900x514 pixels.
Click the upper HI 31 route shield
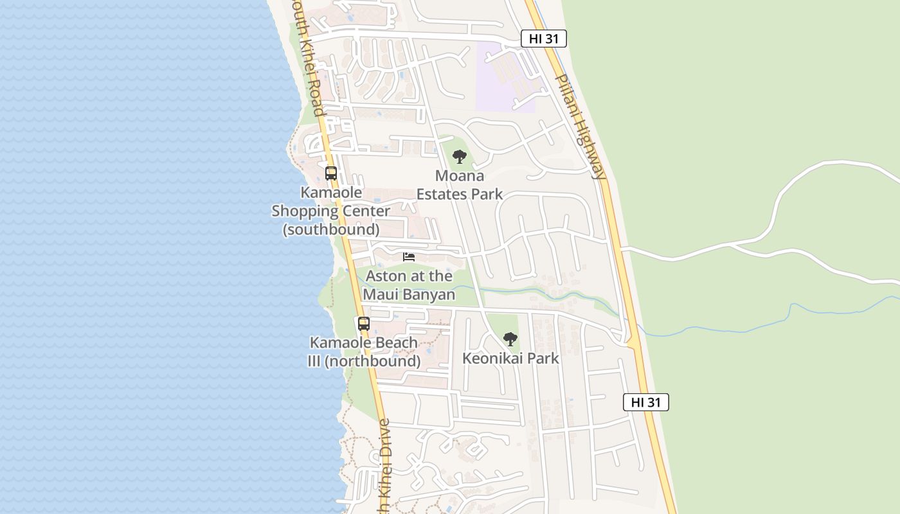click(543, 39)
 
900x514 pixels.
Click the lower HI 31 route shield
click(645, 402)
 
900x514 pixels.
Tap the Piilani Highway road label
click(580, 127)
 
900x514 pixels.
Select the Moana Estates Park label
click(459, 185)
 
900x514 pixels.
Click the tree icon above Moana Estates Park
click(459, 156)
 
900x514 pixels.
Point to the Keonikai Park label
click(510, 359)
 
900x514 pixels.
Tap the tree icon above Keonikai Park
click(510, 339)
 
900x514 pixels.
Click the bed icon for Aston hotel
click(409, 257)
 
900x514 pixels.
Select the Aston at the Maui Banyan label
click(409, 285)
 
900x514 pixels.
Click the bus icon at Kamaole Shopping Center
click(331, 173)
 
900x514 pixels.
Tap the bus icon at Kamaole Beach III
click(364, 324)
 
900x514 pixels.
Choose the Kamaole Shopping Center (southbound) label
click(330, 211)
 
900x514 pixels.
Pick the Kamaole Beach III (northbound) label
click(364, 352)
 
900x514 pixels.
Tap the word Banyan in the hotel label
click(428, 295)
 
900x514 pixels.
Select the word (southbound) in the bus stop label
click(331, 229)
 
